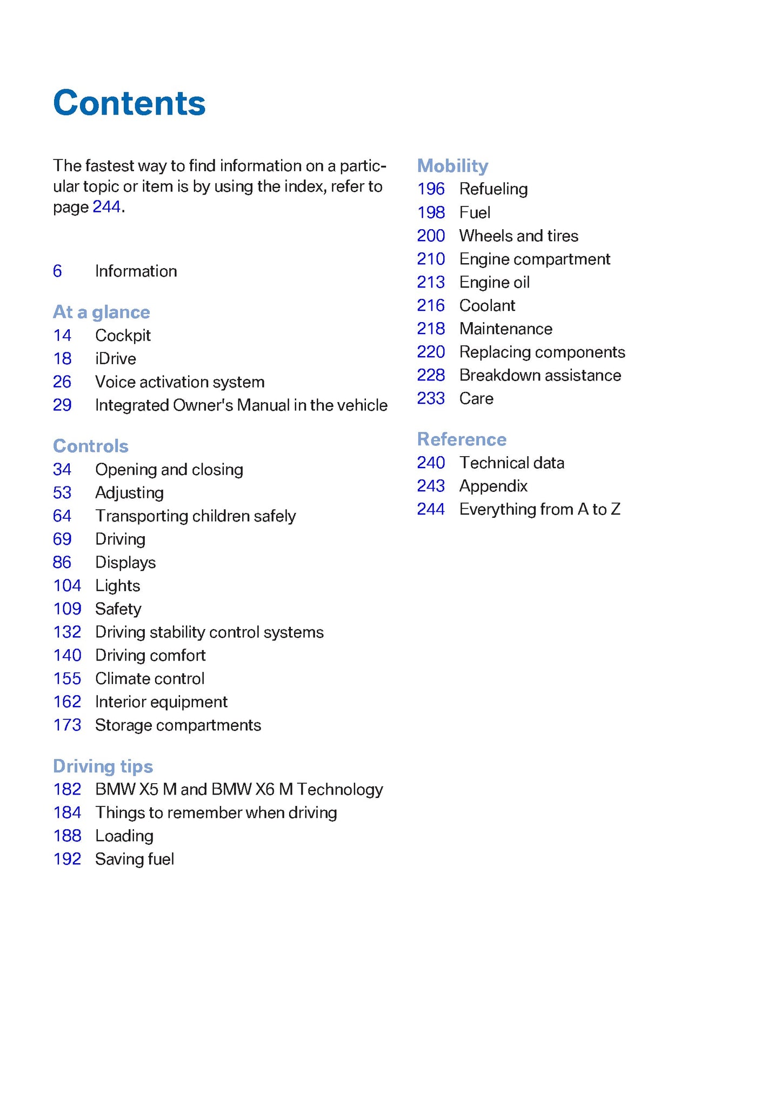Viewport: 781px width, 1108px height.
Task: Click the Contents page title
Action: click(x=129, y=103)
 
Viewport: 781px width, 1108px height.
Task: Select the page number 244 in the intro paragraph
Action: click(x=106, y=207)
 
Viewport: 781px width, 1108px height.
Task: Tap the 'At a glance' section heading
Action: click(x=101, y=312)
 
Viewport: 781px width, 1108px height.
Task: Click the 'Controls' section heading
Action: click(x=90, y=446)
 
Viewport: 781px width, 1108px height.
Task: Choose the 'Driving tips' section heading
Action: click(x=103, y=766)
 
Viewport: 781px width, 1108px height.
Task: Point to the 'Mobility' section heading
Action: click(x=452, y=165)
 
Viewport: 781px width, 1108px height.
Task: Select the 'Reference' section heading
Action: click(x=462, y=439)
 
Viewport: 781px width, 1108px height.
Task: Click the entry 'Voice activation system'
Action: click(x=179, y=382)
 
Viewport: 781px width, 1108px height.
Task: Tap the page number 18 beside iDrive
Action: click(x=62, y=359)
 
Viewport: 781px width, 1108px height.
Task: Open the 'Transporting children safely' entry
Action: click(x=195, y=516)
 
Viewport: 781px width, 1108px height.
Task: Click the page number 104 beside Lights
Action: click(x=67, y=585)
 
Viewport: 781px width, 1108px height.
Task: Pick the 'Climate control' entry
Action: click(x=150, y=678)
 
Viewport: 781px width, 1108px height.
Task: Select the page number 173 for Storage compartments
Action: click(x=67, y=725)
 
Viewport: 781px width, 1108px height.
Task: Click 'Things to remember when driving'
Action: click(x=216, y=812)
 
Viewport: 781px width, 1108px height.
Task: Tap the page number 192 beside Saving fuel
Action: click(x=67, y=859)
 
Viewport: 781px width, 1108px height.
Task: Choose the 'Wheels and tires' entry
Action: click(x=518, y=236)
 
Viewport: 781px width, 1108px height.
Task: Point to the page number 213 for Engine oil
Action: click(x=431, y=282)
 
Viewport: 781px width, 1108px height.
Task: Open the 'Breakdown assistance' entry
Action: click(x=540, y=375)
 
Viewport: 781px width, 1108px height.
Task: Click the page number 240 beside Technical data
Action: click(x=431, y=463)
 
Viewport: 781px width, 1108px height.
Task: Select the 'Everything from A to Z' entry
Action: click(x=539, y=509)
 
